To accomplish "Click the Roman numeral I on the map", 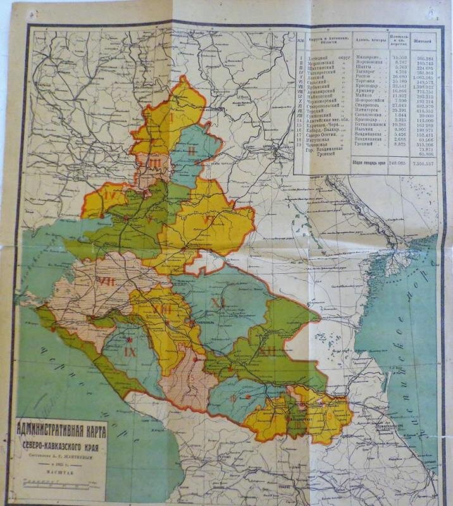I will pos(171,117).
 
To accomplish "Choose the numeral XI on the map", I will pos(217,302).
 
